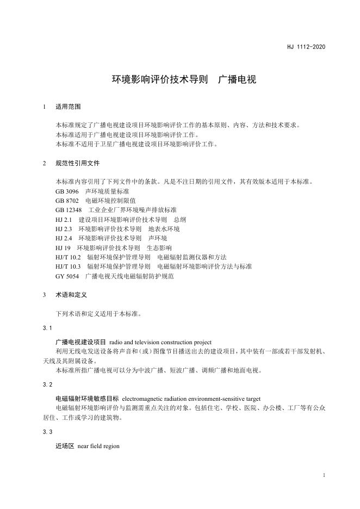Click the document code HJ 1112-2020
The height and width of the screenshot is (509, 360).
tap(306, 47)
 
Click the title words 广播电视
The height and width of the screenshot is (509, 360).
tap(237, 79)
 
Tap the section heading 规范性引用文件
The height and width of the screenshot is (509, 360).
tap(78, 163)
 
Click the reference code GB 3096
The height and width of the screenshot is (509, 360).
tap(67, 191)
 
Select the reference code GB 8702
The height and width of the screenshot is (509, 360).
tap(67, 201)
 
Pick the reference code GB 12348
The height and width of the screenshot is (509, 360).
tap(69, 210)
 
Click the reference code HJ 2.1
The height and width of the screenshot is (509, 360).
tap(64, 220)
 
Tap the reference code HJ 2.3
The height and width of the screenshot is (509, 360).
tap(64, 229)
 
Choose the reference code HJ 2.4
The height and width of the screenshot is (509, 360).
tap(64, 238)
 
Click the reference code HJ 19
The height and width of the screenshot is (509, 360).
tap(63, 247)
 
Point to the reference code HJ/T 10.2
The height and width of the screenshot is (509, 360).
tap(68, 257)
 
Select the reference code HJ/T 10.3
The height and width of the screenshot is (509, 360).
tap(68, 266)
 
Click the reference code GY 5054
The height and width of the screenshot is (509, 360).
tap(67, 276)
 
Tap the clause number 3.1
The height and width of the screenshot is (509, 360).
tap(47, 328)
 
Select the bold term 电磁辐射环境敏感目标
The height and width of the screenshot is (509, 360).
tap(87, 399)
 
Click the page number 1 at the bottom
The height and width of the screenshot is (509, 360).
tap(324, 475)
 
